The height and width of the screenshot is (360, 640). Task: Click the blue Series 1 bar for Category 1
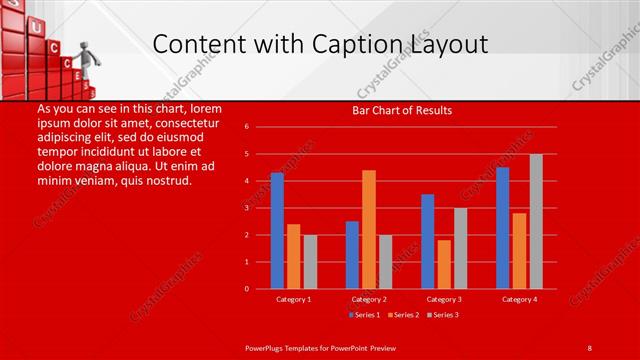coord(277,231)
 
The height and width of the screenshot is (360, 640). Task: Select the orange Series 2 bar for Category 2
coord(369,229)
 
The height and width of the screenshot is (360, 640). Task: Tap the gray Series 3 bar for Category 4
coord(536,221)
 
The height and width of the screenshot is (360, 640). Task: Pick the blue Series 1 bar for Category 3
coord(428,241)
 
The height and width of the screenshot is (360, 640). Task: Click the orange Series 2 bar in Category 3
coord(444,264)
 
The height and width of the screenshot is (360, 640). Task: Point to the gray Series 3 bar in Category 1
coord(310,262)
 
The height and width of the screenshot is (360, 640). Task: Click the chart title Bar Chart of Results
coord(402,110)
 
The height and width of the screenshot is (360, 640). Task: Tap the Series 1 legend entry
coord(363,315)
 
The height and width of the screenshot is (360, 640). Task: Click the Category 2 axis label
coord(369,299)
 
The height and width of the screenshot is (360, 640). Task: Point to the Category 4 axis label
coord(519,299)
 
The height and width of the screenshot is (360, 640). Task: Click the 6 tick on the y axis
coord(259,127)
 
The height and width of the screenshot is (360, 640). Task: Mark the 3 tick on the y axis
coord(259,208)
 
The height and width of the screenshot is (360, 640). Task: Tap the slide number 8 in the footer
coord(589,347)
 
